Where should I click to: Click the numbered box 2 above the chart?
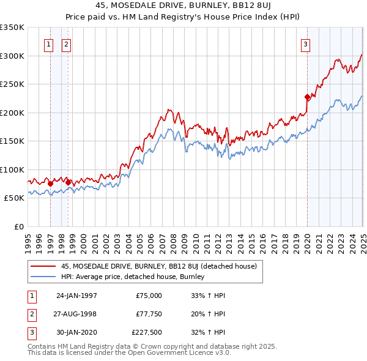[x=66, y=43]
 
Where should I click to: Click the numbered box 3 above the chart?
[x=305, y=43]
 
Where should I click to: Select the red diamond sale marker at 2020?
[x=307, y=97]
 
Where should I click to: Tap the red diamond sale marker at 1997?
[x=50, y=183]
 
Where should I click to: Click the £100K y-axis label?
[x=12, y=169]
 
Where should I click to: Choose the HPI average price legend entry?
[x=132, y=277]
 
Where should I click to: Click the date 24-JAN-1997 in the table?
[x=76, y=296]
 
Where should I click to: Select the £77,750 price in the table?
[x=147, y=314]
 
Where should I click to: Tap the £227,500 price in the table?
[x=147, y=333]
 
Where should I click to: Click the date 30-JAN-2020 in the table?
[x=76, y=333]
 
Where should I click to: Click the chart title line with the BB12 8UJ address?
[x=183, y=6]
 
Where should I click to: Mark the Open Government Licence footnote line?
[x=129, y=354]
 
